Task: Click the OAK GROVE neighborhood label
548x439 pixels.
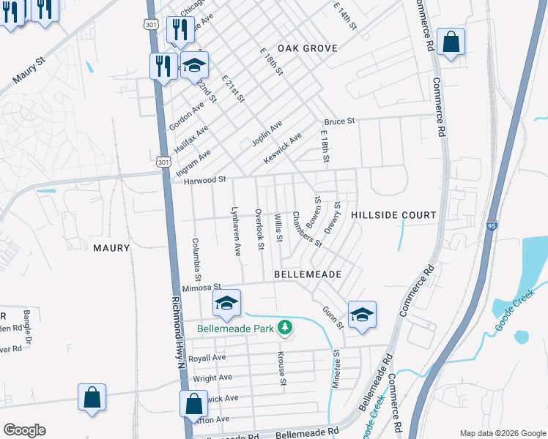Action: (308, 48)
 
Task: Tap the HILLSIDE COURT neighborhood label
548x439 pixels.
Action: (393, 215)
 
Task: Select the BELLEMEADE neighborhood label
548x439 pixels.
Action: (308, 274)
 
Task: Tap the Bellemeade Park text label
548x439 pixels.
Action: (236, 329)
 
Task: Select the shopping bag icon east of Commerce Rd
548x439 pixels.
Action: (451, 42)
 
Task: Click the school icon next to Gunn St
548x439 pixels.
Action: (362, 315)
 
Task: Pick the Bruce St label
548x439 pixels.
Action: (340, 121)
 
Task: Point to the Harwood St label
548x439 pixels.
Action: (204, 179)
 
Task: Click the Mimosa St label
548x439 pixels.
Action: (201, 288)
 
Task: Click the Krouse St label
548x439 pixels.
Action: (281, 364)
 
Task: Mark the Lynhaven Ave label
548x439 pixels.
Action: (236, 230)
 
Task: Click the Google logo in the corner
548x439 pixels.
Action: (24, 430)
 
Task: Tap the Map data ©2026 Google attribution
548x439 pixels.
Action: (502, 432)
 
